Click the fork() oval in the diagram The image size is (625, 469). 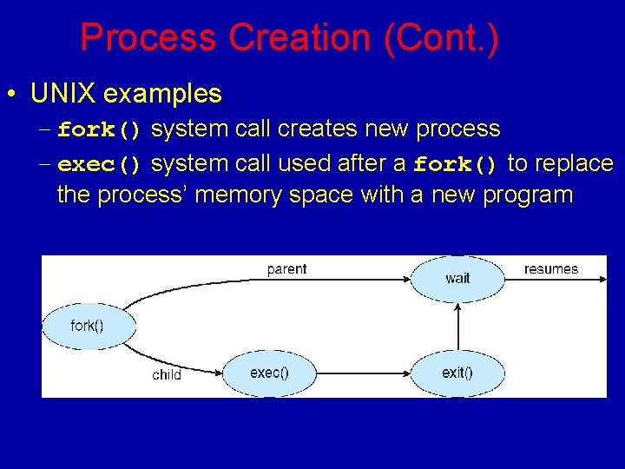(87, 326)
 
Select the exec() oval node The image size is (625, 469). (269, 373)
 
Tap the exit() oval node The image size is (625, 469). (457, 373)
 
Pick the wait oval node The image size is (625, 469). (457, 278)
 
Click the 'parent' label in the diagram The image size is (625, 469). (286, 269)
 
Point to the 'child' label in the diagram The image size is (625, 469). (167, 375)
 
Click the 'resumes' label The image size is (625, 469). (550, 269)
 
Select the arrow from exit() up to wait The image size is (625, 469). (457, 326)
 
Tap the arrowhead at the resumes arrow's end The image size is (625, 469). (599, 279)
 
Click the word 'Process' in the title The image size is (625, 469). (147, 38)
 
